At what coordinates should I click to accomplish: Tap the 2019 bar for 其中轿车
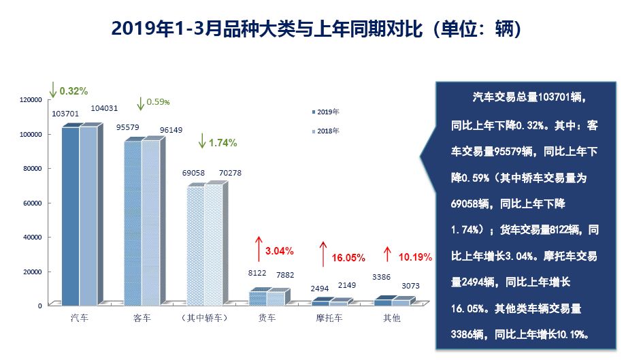tap(195, 244)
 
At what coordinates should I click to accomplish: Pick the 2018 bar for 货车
tap(275, 297)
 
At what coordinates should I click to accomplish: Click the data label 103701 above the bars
tap(65, 114)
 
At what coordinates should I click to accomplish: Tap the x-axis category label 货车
tap(267, 318)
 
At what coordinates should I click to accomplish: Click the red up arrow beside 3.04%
tap(259, 249)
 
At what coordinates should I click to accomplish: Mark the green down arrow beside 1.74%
tap(201, 142)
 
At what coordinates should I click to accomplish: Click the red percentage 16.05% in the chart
tap(348, 258)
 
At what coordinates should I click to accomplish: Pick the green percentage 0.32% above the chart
tap(73, 91)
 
